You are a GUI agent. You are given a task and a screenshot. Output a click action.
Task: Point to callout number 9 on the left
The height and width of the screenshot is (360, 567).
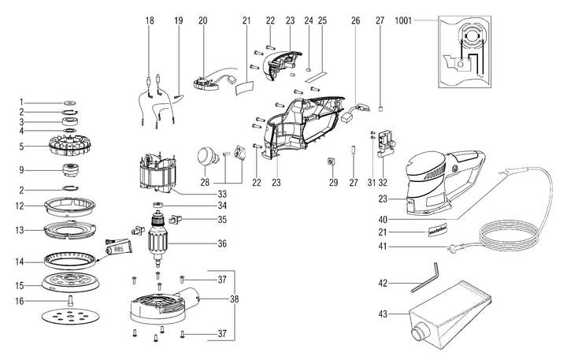tap(22, 169)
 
